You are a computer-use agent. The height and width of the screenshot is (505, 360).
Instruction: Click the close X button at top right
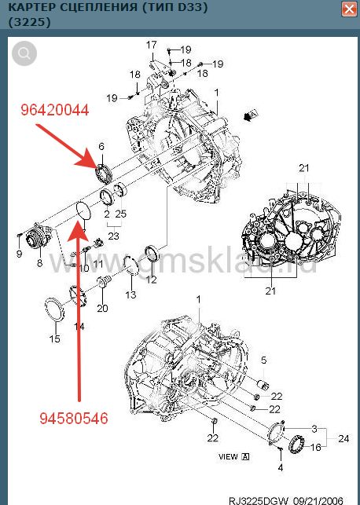click(x=347, y=9)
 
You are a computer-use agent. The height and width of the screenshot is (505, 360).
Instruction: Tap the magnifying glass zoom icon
click(x=25, y=53)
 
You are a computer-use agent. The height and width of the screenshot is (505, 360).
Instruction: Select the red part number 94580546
click(x=73, y=418)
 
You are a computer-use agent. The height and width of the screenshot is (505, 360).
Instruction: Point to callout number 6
click(x=101, y=146)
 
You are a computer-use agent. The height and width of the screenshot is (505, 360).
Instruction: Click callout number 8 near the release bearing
click(x=39, y=265)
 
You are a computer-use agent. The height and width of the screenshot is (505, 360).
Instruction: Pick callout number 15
click(x=54, y=339)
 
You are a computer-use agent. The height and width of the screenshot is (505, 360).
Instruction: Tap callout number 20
click(x=102, y=309)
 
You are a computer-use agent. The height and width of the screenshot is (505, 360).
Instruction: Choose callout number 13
click(x=130, y=295)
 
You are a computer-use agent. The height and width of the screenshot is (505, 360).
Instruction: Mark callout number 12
click(x=152, y=280)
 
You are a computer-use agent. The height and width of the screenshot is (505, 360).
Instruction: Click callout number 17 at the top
click(x=152, y=45)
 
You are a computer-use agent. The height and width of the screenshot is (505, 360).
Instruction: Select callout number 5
click(x=264, y=360)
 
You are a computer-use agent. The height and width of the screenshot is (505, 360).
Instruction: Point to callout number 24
click(x=343, y=438)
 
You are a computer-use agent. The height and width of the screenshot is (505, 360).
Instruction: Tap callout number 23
click(x=114, y=236)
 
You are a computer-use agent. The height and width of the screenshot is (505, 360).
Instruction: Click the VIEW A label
click(x=234, y=456)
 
